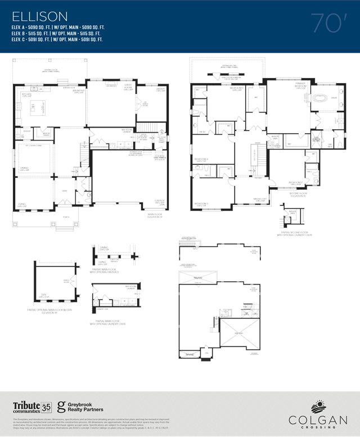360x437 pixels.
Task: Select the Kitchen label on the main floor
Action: [26, 95]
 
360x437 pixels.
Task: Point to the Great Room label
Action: [111, 87]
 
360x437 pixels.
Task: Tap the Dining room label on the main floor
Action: [24, 168]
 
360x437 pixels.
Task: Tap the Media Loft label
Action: [259, 199]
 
